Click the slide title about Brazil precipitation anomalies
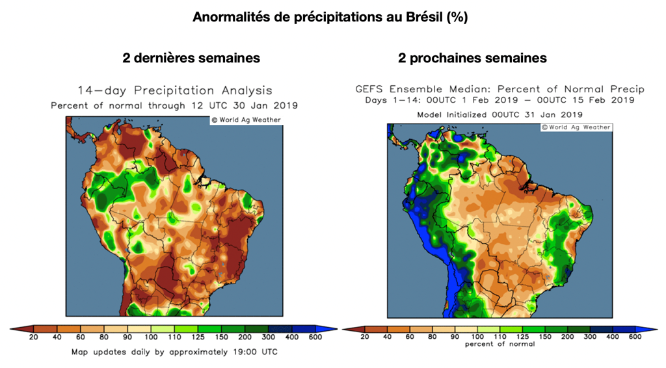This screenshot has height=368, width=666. (330, 18)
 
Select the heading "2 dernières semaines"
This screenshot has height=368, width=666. (191, 58)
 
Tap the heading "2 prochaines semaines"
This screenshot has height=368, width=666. (472, 58)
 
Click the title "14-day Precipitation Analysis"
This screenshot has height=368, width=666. (175, 91)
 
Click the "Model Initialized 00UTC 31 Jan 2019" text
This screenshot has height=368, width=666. (499, 114)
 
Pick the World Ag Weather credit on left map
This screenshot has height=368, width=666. (245, 120)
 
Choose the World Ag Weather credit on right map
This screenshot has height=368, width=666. (576, 127)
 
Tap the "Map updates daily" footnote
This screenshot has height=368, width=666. (174, 352)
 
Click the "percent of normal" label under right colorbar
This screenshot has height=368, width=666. (500, 344)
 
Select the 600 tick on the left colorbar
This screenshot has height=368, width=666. (315, 337)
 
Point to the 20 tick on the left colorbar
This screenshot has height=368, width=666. (34, 337)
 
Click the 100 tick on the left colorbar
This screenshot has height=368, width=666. (151, 337)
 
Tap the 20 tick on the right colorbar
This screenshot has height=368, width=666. (364, 337)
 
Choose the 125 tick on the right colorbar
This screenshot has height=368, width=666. (524, 337)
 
